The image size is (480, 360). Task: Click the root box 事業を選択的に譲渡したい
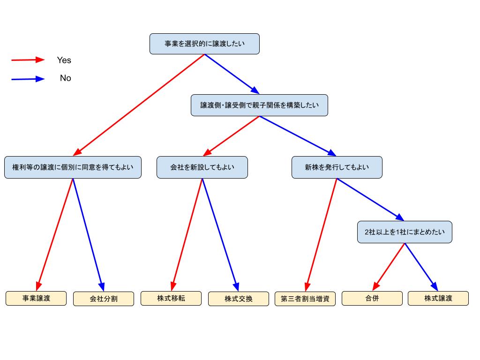(x=204, y=44)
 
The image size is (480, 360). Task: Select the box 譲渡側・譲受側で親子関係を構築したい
(x=259, y=105)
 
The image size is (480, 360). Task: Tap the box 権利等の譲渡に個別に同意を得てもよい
(x=73, y=167)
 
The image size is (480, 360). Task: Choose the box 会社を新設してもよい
(x=202, y=167)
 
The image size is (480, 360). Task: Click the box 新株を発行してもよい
(x=337, y=167)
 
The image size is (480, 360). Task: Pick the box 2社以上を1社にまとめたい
(x=405, y=232)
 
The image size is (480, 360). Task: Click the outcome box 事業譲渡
(x=36, y=298)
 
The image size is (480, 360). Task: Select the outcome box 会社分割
(x=104, y=299)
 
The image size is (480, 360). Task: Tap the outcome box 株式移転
(x=171, y=298)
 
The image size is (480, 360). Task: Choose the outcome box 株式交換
(x=239, y=299)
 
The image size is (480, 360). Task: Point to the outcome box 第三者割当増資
(x=305, y=299)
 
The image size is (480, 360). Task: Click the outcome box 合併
(x=372, y=298)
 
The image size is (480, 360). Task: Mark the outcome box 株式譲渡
(x=438, y=298)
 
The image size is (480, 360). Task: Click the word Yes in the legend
(x=64, y=60)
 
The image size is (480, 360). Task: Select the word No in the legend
(x=65, y=78)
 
